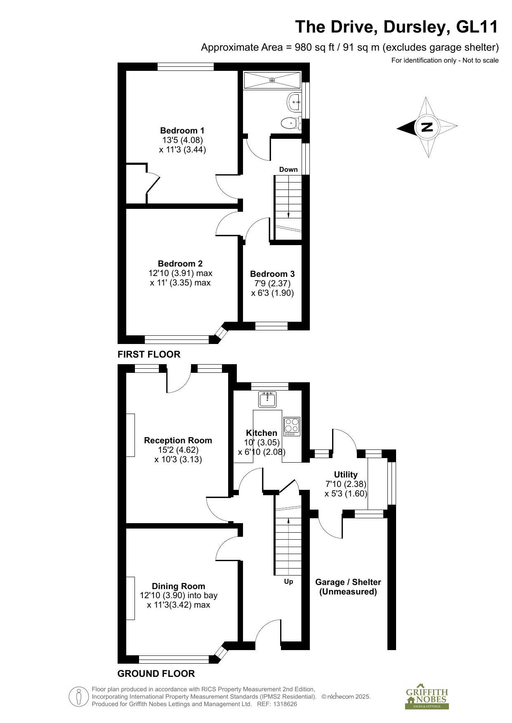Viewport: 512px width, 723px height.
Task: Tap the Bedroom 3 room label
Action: pyautogui.click(x=272, y=274)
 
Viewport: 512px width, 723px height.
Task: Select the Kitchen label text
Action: pyautogui.click(x=262, y=433)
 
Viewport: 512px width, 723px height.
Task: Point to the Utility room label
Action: pyautogui.click(x=346, y=475)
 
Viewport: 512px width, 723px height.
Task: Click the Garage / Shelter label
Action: pyautogui.click(x=348, y=582)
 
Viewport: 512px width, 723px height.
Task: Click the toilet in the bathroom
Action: pyautogui.click(x=291, y=122)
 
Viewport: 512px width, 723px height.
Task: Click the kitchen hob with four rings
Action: pyautogui.click(x=292, y=427)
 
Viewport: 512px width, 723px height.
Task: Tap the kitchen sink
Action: pyautogui.click(x=267, y=399)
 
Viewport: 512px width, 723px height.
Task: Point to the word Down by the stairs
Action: pyautogui.click(x=288, y=169)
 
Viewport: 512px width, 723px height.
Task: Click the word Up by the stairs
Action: pyautogui.click(x=288, y=582)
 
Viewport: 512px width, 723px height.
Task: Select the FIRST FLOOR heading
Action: pyautogui.click(x=149, y=354)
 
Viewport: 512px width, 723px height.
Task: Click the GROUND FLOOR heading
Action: pyautogui.click(x=156, y=674)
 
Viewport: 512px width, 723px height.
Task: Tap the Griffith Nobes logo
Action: pyautogui.click(x=427, y=698)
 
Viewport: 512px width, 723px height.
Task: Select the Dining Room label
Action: pyautogui.click(x=179, y=586)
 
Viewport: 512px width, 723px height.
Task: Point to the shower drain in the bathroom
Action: pyautogui.click(x=272, y=80)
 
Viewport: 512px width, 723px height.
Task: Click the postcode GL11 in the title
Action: pyautogui.click(x=477, y=27)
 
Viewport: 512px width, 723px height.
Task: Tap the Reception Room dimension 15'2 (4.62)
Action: pyautogui.click(x=178, y=450)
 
